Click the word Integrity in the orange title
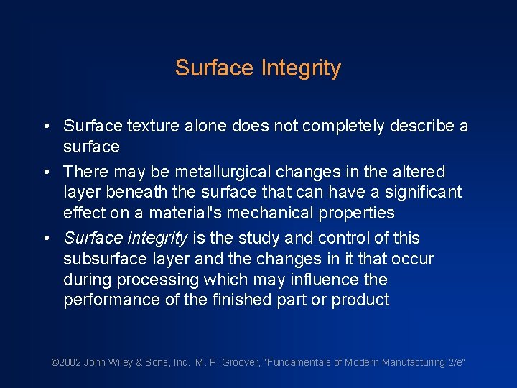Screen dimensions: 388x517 [x=301, y=68]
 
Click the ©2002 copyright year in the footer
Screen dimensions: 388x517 [x=67, y=363]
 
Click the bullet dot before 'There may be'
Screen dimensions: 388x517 [x=45, y=172]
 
